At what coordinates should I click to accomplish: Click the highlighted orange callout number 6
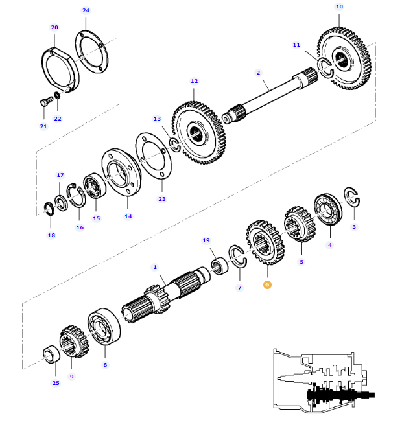[x=267, y=284]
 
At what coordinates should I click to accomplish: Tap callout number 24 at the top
[x=86, y=10]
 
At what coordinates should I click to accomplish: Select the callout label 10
[x=339, y=6]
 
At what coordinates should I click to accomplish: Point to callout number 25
[x=55, y=383]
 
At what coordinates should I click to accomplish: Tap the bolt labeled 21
[x=45, y=102]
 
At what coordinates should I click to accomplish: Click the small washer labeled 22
[x=58, y=97]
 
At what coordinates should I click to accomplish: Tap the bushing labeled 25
[x=49, y=354]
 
